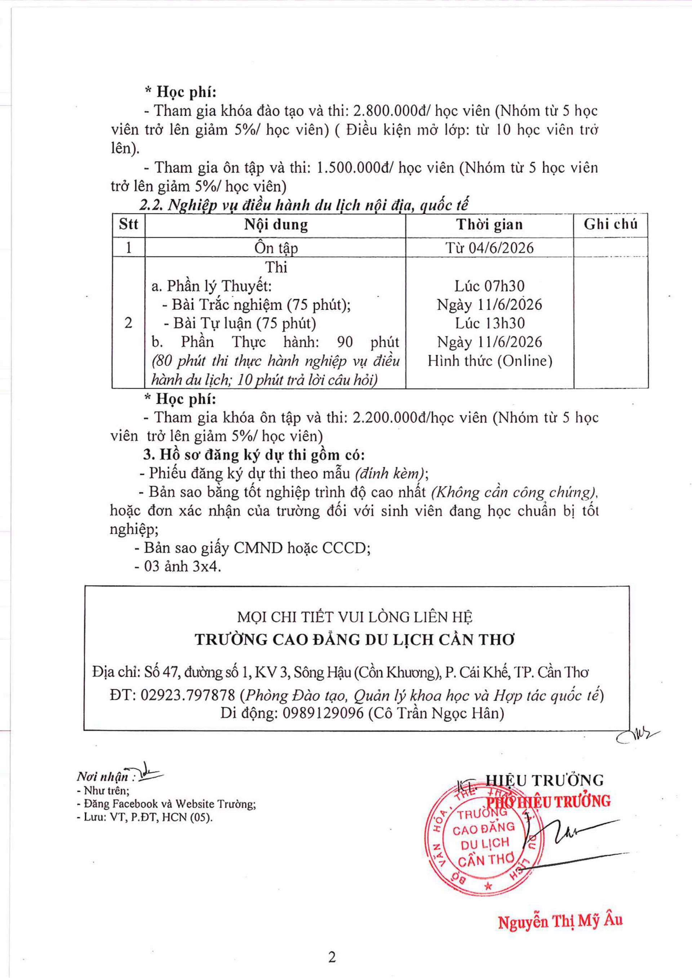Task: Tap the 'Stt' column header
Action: pos(128,225)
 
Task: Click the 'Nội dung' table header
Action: pos(276,225)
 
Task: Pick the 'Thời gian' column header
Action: pos(489,225)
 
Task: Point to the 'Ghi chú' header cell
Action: pos(610,225)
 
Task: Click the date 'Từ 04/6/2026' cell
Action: pos(489,248)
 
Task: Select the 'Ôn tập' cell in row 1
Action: pos(276,248)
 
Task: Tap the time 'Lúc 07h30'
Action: pos(489,286)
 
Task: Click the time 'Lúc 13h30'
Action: pos(489,323)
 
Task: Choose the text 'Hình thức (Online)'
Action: pos(489,361)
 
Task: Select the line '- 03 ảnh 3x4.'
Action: pos(178,567)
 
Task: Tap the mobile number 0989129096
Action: pos(323,714)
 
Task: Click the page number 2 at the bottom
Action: pos(332,957)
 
